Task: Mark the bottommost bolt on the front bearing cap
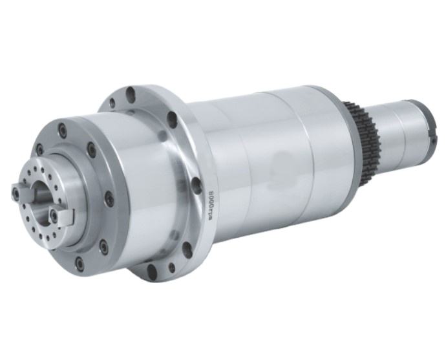[80, 262]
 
